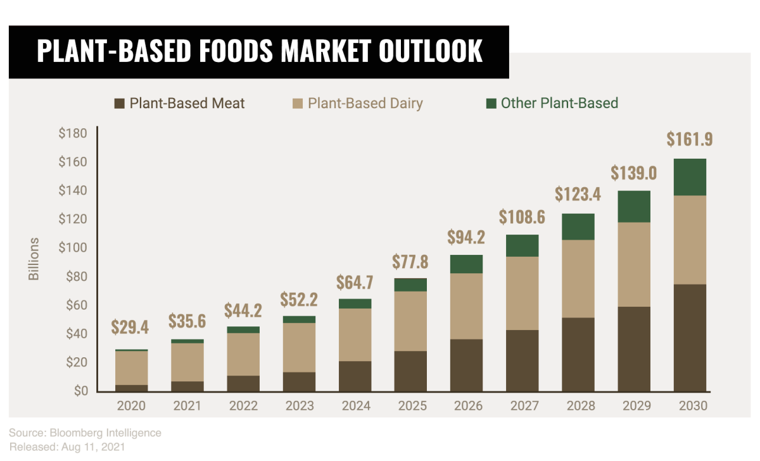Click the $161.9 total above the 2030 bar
(x=690, y=139)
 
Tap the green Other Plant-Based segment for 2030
(x=690, y=177)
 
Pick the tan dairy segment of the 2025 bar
(x=411, y=321)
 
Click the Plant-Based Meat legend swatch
(x=119, y=103)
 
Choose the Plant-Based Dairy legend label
(x=365, y=103)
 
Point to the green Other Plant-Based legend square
(x=491, y=103)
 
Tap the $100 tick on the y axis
(x=73, y=248)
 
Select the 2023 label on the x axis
(x=299, y=406)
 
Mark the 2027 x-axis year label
(x=522, y=406)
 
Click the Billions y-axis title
(x=34, y=259)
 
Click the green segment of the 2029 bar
(x=634, y=206)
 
